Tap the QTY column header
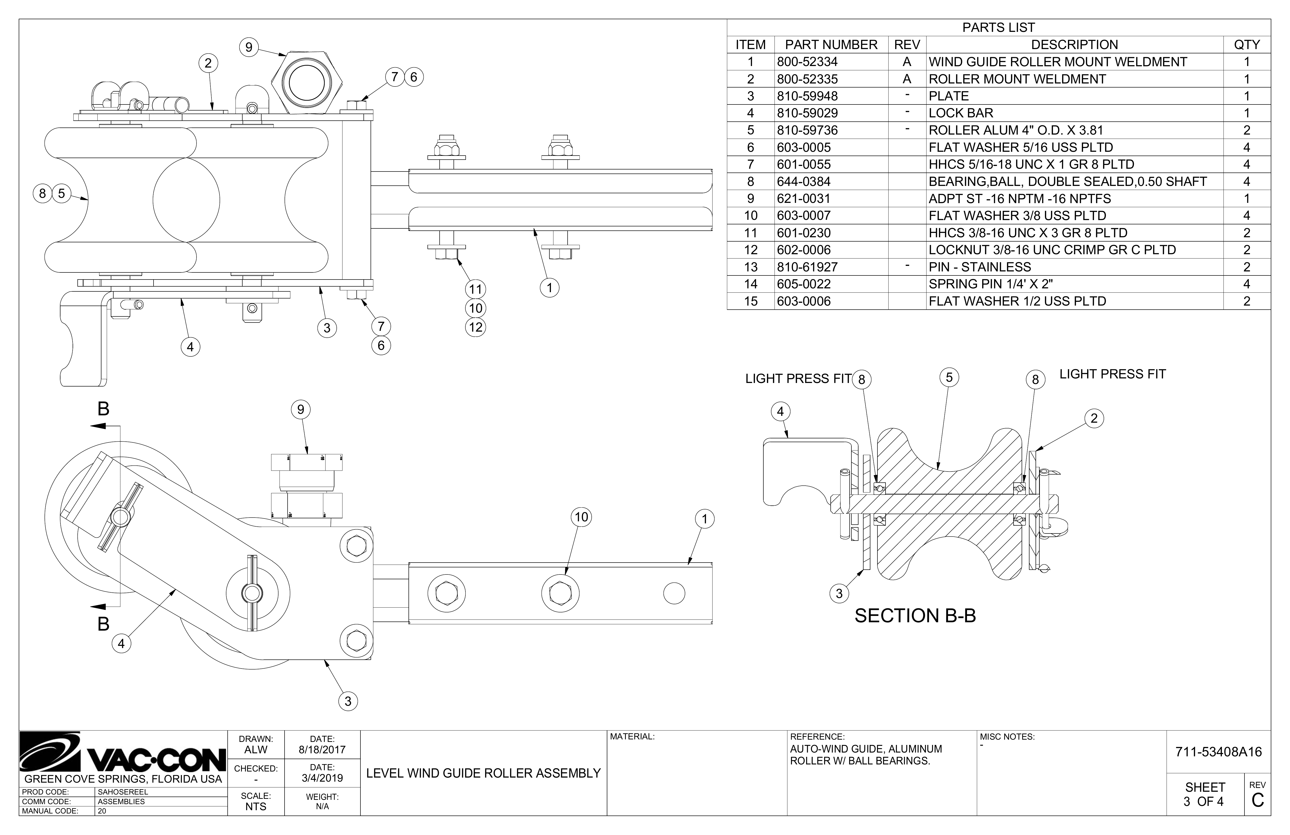1247,45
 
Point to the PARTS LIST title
998,28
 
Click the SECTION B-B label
915,616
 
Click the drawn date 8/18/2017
322,750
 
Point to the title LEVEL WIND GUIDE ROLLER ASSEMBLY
483,773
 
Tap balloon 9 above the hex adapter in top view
249,47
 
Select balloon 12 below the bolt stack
475,327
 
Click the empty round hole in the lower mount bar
674,593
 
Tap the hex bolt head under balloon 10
560,593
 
